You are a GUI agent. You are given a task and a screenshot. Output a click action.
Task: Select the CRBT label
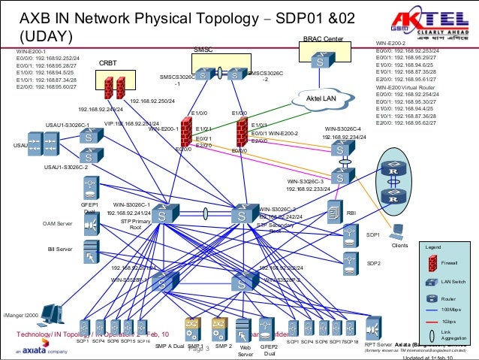[x=108, y=64]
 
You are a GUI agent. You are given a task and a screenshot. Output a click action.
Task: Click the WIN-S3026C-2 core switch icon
[x=243, y=213]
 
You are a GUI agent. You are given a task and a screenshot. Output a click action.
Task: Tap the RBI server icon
[x=334, y=213]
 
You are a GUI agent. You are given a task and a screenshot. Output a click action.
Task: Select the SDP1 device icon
[x=348, y=236]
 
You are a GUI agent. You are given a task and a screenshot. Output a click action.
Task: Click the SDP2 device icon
[x=348, y=263]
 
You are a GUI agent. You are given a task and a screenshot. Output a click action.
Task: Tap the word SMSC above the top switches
[x=203, y=50]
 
